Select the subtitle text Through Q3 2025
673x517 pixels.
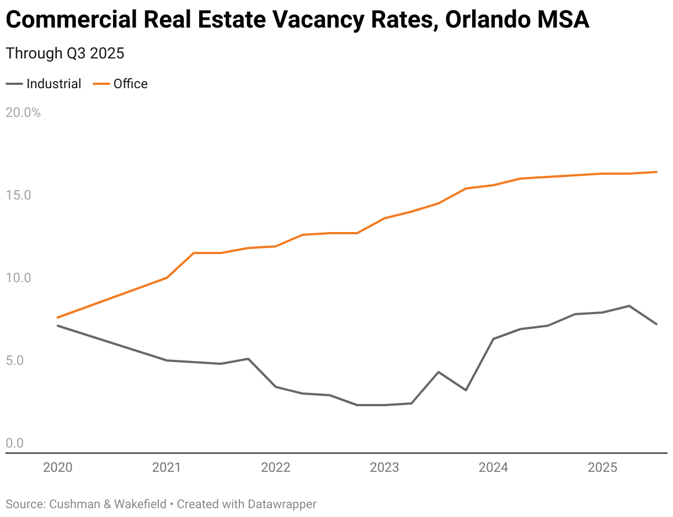click(65, 53)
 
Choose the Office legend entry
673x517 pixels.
click(130, 84)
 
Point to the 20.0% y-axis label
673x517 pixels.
click(23, 112)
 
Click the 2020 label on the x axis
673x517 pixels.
click(57, 468)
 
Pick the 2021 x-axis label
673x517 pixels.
click(167, 468)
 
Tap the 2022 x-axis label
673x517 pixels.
click(275, 468)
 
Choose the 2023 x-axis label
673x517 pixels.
click(384, 468)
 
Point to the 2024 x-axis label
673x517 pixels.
click(493, 468)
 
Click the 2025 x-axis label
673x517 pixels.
click(602, 468)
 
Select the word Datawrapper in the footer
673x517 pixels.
click(282, 504)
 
